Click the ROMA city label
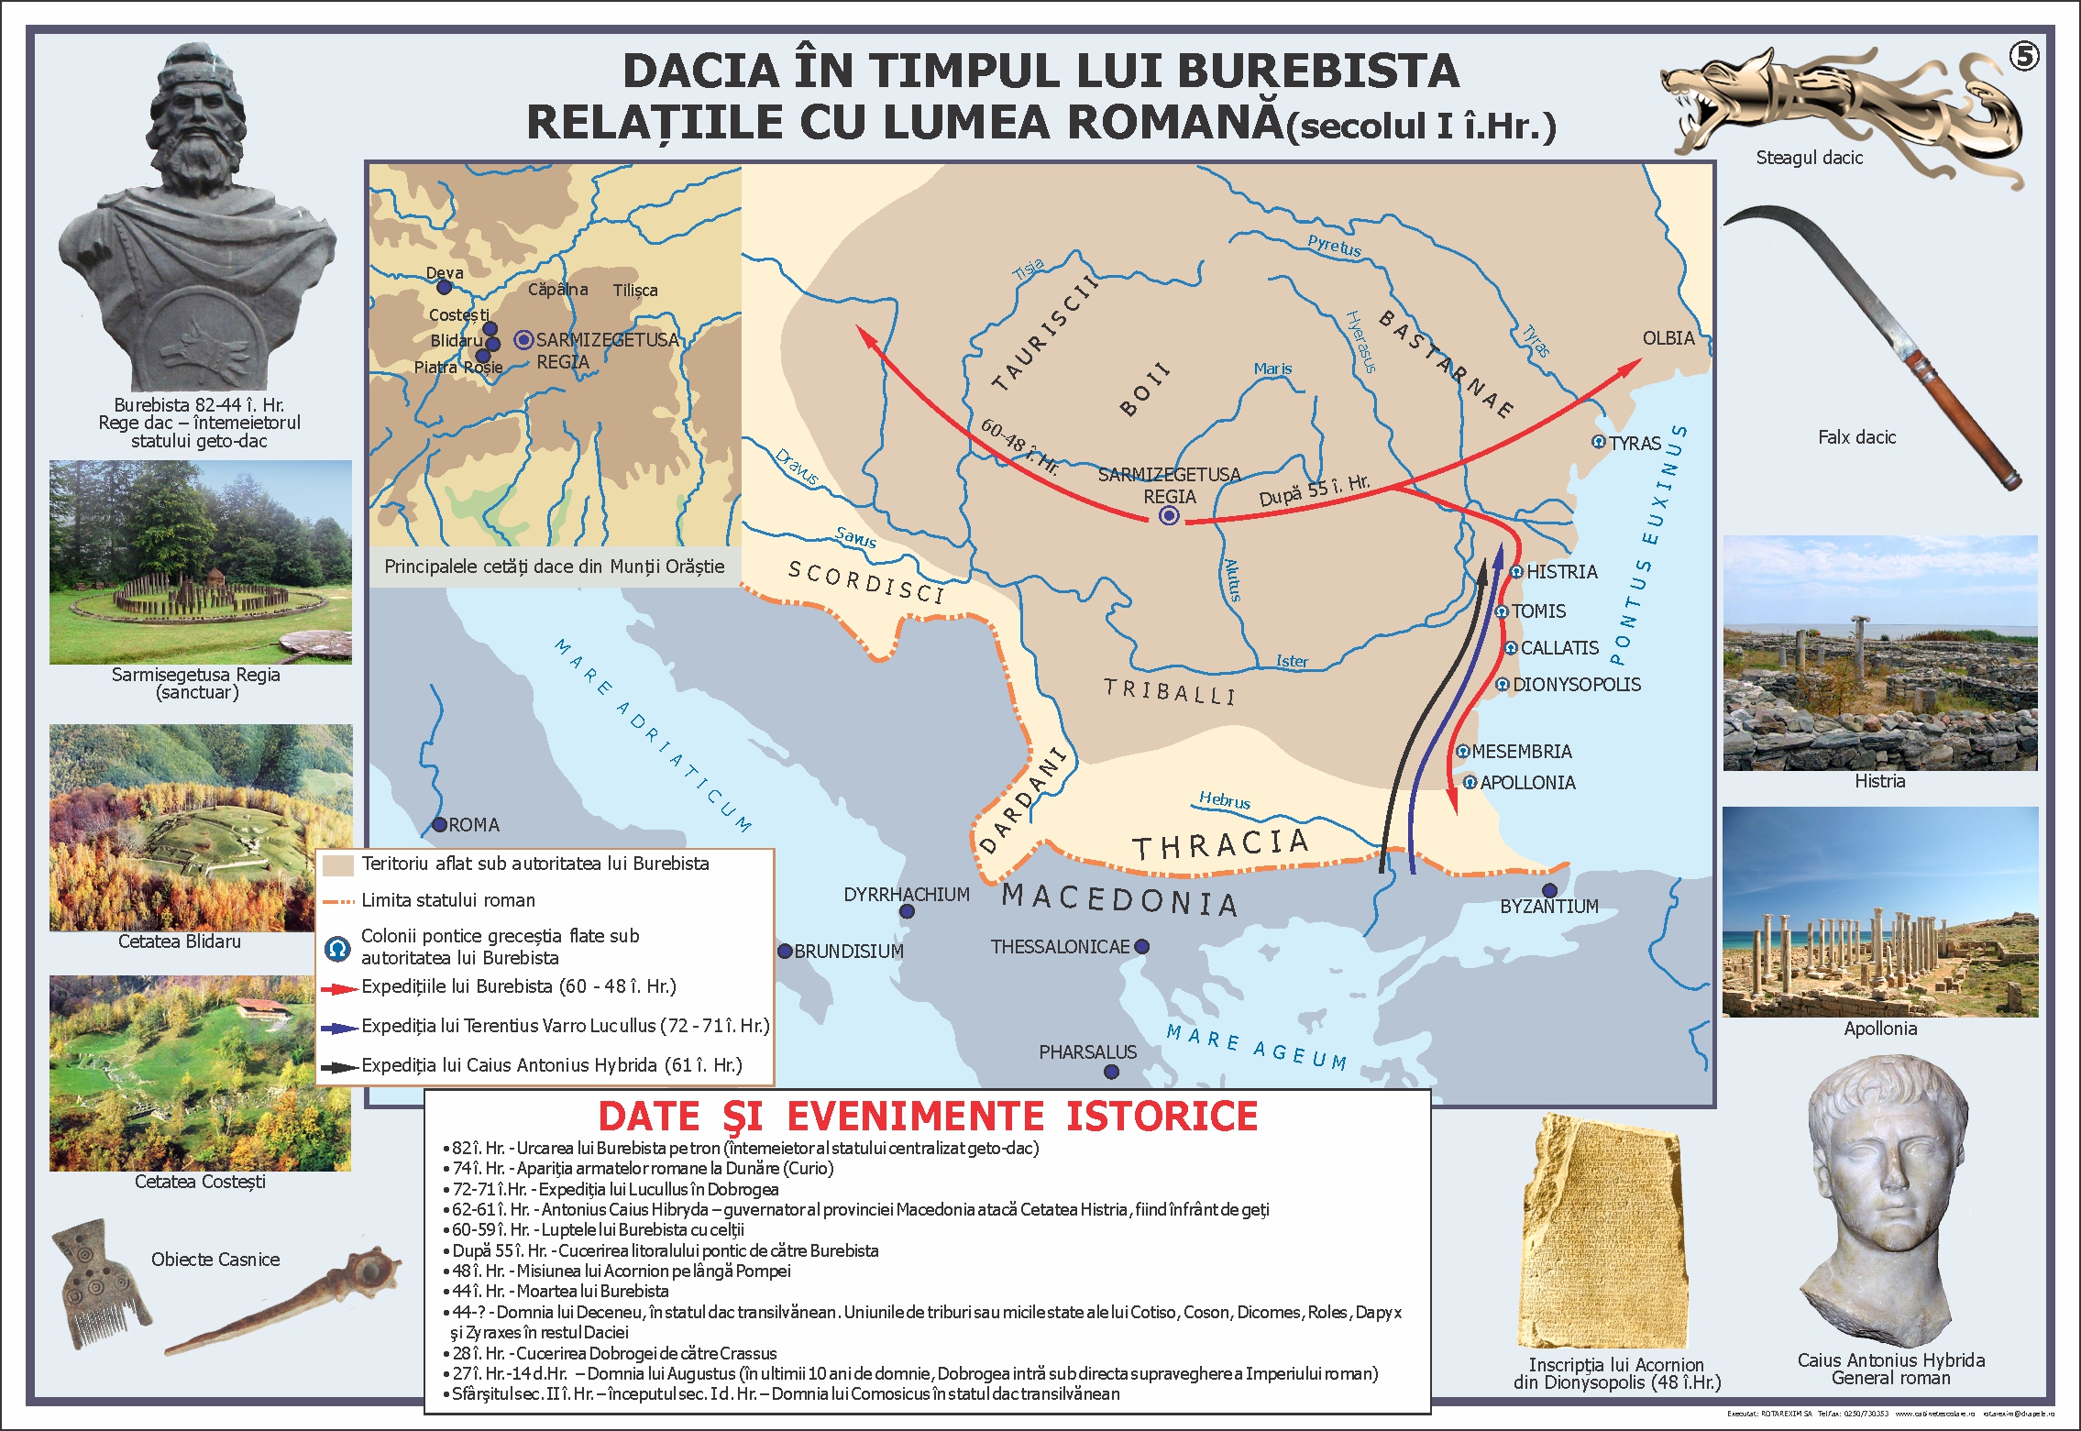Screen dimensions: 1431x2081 click(474, 825)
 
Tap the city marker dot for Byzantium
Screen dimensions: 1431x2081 click(1549, 890)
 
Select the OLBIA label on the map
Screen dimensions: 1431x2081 click(1668, 338)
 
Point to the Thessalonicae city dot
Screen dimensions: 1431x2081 click(1141, 946)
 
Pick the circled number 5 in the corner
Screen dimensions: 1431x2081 click(2024, 57)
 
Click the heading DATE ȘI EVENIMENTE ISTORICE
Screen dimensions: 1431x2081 click(928, 1117)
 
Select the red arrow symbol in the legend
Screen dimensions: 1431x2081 click(339, 989)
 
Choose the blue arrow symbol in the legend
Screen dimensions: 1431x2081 click(339, 1029)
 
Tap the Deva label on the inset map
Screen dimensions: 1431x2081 click(445, 273)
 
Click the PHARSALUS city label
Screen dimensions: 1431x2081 click(1087, 1052)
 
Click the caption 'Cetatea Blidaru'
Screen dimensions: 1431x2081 click(180, 941)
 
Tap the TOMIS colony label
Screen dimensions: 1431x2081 click(1538, 611)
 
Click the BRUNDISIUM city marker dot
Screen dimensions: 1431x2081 click(785, 951)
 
